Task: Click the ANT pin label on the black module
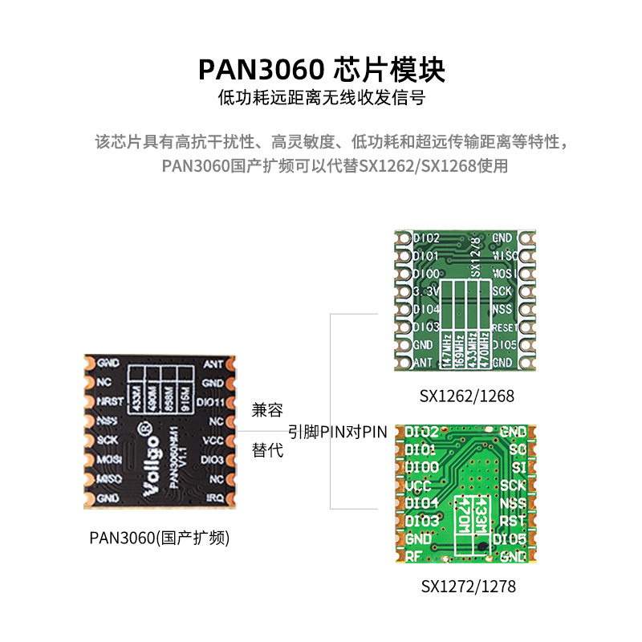[x=213, y=364]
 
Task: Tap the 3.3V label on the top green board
[x=425, y=291]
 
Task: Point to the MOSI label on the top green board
[x=504, y=274]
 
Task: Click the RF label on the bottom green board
[x=413, y=555]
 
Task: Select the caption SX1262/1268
[x=466, y=396]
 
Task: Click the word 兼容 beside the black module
[x=267, y=410]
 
